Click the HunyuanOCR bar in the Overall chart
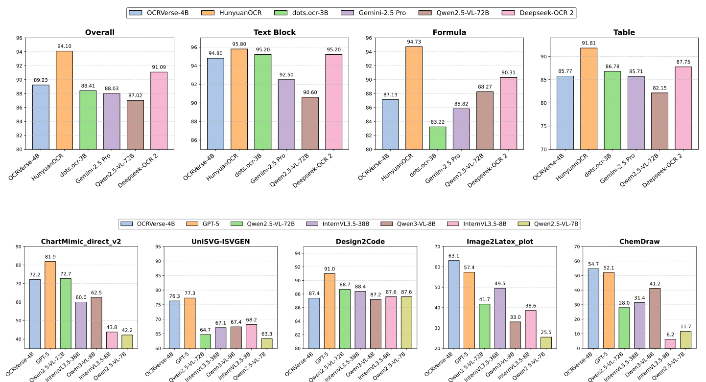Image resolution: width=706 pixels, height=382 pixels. (x=64, y=100)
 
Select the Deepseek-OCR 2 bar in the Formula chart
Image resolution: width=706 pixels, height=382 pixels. (x=508, y=113)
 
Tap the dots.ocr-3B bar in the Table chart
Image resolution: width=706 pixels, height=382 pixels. (x=613, y=110)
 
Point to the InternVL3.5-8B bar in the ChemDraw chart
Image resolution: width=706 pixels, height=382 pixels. (x=670, y=344)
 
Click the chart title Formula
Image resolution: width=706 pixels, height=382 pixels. (x=449, y=32)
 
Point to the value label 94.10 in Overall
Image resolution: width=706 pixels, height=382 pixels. (x=64, y=46)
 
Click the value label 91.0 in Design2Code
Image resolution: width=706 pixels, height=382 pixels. (x=329, y=269)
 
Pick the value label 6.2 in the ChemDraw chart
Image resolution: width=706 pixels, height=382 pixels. (x=670, y=335)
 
